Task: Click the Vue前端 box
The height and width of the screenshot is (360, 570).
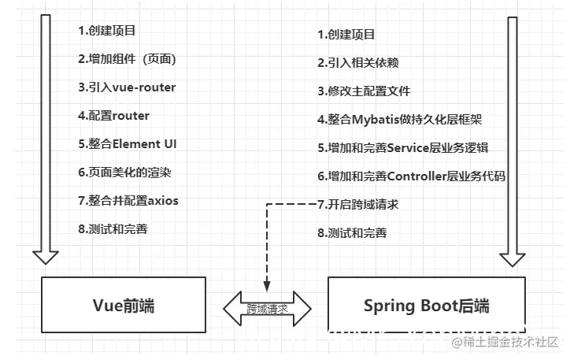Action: click(x=123, y=304)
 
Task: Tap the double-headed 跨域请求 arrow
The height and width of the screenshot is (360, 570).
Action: click(x=267, y=308)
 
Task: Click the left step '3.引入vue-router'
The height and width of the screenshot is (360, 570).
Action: click(x=127, y=87)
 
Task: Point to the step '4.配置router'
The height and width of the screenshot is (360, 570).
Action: click(x=113, y=115)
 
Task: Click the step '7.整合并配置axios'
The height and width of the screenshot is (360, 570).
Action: click(x=128, y=200)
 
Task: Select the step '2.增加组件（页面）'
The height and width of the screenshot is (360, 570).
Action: click(x=127, y=59)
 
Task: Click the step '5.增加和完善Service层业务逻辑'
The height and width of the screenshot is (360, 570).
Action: click(x=400, y=147)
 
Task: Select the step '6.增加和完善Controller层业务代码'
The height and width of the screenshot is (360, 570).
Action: click(x=411, y=176)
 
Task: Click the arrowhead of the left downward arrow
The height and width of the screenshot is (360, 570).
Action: click(x=46, y=257)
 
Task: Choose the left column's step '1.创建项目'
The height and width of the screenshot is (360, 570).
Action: click(x=107, y=31)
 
